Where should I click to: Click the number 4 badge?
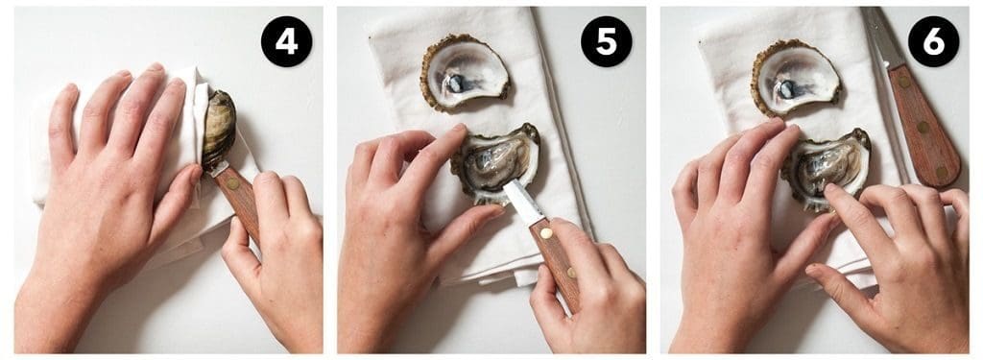pyautogui.click(x=286, y=41)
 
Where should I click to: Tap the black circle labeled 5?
pyautogui.click(x=607, y=41)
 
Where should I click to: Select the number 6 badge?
pyautogui.click(x=933, y=41)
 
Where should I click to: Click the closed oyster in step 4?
pyautogui.click(x=218, y=128)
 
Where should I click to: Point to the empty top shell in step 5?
pyautogui.click(x=464, y=72)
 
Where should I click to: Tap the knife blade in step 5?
pyautogui.click(x=522, y=202)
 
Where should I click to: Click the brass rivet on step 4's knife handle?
pyautogui.click(x=233, y=183)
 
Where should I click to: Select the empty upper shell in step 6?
pyautogui.click(x=795, y=77)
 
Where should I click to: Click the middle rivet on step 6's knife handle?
pyautogui.click(x=923, y=127)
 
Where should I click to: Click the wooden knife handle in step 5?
pyautogui.click(x=558, y=262)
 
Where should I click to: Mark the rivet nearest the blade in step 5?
pyautogui.click(x=546, y=233)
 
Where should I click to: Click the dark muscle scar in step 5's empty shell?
pyautogui.click(x=456, y=82)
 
